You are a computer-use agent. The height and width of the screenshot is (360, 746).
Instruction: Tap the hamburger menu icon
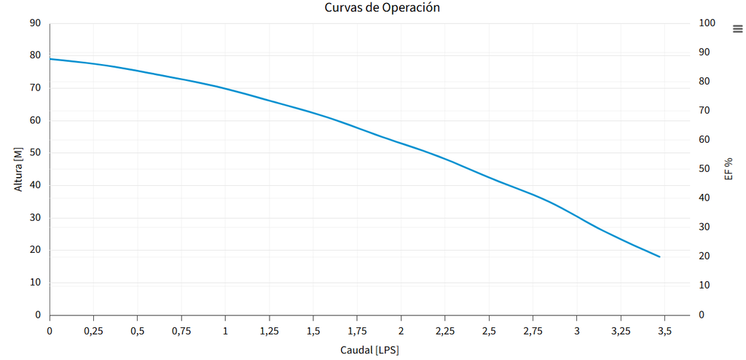pos(737,28)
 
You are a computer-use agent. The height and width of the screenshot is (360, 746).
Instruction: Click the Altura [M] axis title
pos(18,169)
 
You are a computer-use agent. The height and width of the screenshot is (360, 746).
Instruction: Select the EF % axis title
pos(728,169)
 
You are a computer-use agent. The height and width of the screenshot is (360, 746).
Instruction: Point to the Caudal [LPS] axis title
pos(369,351)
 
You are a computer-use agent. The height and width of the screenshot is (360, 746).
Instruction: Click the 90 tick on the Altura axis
pos(35,23)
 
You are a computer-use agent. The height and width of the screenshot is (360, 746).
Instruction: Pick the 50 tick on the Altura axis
pos(35,153)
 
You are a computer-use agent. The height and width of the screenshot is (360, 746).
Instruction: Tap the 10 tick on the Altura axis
pos(35,283)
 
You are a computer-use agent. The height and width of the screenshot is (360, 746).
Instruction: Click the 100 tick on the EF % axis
pos(707,23)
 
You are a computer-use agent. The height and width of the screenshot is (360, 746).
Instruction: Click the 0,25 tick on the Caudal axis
pos(93,331)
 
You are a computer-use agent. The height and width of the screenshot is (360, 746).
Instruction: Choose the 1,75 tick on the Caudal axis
pos(357,331)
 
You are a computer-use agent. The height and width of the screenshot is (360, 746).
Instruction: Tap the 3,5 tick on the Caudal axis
pos(664,331)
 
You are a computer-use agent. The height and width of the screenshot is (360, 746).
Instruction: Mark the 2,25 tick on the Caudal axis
pos(445,331)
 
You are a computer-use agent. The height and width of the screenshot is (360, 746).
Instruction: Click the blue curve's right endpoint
pos(659,257)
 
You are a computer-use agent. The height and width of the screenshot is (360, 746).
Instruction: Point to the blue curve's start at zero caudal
pos(50,59)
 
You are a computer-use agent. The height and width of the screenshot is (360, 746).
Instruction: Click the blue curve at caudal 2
pos(401,142)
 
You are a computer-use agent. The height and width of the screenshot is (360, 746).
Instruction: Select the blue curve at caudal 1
pos(225,89)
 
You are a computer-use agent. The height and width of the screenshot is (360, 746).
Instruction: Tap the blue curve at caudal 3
pos(576,216)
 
